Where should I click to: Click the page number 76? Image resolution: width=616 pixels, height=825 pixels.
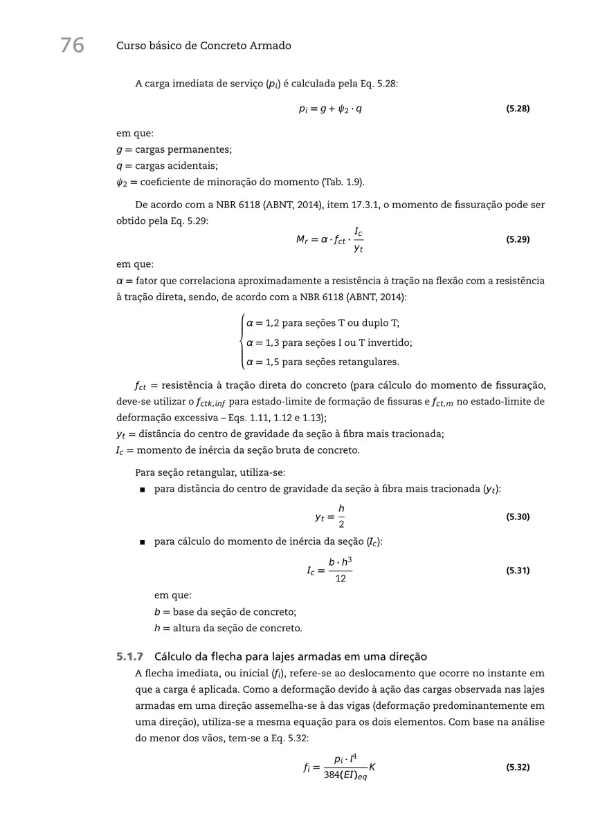click(x=72, y=46)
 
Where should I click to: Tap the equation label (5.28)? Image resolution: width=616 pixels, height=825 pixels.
click(x=518, y=109)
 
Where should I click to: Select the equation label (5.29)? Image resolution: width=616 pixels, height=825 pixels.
click(x=518, y=239)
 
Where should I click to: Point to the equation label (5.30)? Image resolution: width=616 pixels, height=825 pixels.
click(x=518, y=516)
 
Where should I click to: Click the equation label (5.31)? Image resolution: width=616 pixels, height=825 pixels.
click(x=518, y=571)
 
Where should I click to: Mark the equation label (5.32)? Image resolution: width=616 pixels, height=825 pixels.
click(x=518, y=767)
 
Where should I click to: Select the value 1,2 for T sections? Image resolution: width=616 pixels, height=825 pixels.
click(x=273, y=323)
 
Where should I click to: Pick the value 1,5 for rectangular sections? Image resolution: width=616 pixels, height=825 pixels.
click(x=273, y=362)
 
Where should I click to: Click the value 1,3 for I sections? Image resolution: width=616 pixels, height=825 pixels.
click(x=273, y=342)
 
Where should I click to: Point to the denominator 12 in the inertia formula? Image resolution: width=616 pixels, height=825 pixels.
click(x=341, y=578)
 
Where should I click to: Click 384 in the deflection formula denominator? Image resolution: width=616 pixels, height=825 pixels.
click(x=331, y=775)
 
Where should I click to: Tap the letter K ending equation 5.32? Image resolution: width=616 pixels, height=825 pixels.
click(x=372, y=767)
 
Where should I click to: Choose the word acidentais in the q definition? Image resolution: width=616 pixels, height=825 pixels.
click(x=193, y=165)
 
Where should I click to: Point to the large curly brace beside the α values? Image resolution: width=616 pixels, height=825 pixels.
click(x=241, y=342)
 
